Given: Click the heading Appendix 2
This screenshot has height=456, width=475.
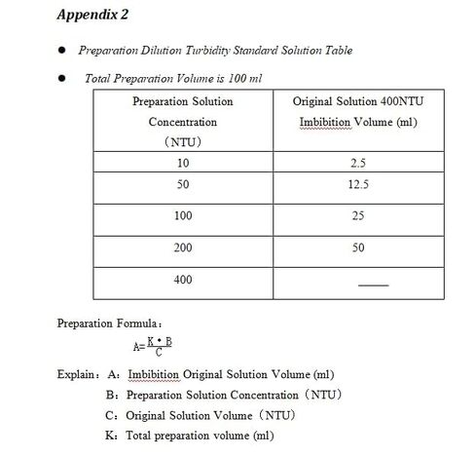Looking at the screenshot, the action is click(94, 16).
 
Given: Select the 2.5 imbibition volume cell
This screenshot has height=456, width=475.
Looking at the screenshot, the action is click(358, 163).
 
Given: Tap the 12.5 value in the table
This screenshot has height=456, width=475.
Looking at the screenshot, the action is click(358, 184).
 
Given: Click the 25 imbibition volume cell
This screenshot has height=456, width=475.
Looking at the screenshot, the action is click(358, 215).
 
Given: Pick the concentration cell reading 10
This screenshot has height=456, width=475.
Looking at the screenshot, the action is click(182, 163).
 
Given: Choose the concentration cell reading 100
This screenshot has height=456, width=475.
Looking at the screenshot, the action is click(182, 215).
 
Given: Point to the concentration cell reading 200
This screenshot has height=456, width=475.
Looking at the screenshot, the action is click(182, 247).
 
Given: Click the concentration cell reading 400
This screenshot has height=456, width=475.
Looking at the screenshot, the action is click(182, 280).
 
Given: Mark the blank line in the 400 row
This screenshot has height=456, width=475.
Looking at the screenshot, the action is click(374, 284).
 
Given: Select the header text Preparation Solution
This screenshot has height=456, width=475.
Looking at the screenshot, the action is click(182, 100).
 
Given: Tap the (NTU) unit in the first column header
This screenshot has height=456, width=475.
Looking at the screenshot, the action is click(182, 142).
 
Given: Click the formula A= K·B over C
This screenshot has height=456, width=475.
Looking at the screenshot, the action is click(153, 345).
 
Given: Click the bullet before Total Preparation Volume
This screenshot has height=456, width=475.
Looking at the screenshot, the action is click(60, 77).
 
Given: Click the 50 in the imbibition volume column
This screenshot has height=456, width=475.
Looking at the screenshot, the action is click(358, 247).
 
